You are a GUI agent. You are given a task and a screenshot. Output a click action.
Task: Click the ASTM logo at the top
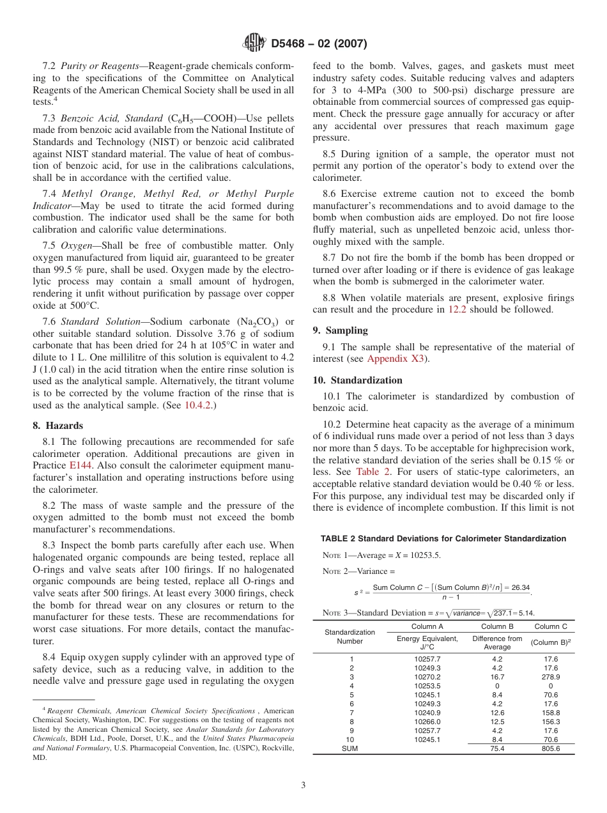(x=254, y=43)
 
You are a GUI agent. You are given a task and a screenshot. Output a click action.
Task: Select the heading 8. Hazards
(x=59, y=426)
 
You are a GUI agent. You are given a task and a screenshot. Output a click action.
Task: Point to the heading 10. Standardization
(x=358, y=380)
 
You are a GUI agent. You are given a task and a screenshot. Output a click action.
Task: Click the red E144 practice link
(x=79, y=466)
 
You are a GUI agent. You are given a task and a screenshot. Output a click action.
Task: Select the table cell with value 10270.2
(x=427, y=677)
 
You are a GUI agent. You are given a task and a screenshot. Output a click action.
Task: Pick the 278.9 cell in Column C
(x=550, y=677)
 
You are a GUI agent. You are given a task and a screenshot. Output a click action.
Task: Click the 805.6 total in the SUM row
(x=550, y=748)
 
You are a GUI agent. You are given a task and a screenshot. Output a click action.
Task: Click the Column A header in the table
(x=427, y=626)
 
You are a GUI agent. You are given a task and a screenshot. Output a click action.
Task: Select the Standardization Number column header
(x=350, y=637)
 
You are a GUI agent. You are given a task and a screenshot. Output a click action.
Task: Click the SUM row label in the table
(x=350, y=748)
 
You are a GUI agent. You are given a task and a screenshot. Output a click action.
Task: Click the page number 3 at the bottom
(x=303, y=786)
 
